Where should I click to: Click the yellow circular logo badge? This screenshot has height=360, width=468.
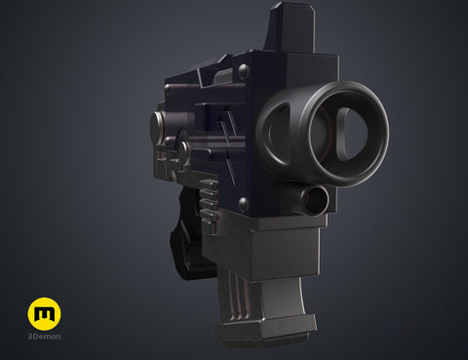(44, 313)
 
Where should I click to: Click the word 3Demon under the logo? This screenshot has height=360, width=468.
(44, 337)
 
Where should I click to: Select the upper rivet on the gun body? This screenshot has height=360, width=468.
(243, 71)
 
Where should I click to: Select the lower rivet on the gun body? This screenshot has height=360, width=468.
(243, 204)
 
